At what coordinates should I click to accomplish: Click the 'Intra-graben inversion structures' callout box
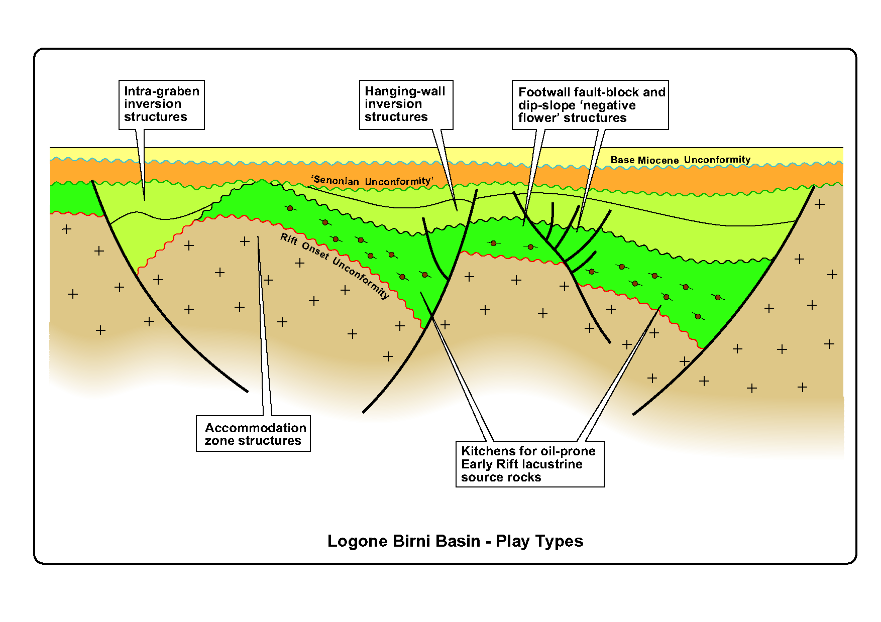click(x=162, y=105)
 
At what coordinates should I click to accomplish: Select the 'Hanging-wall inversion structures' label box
click(x=406, y=105)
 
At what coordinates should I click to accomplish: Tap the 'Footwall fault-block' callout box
click(x=590, y=105)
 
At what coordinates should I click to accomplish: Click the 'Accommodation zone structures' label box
click(x=253, y=433)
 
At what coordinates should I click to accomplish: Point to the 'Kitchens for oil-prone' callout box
click(x=530, y=464)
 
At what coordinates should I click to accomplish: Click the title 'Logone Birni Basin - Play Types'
click(x=455, y=541)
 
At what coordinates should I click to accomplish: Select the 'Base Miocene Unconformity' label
click(x=681, y=160)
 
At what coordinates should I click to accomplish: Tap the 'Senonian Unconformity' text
click(x=372, y=181)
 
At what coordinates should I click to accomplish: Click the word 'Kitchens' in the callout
click(x=485, y=451)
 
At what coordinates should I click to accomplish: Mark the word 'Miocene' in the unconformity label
click(x=658, y=161)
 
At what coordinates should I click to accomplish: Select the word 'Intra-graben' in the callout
click(x=162, y=91)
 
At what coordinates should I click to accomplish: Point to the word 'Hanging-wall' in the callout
click(x=405, y=91)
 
